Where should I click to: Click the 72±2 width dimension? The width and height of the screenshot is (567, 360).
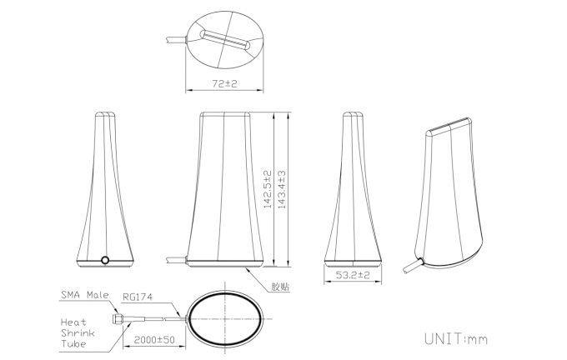click(224, 84)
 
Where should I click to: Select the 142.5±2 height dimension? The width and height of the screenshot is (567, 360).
click(267, 189)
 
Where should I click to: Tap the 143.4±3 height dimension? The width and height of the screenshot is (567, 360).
click(281, 189)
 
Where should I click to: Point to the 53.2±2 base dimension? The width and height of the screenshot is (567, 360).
click(353, 275)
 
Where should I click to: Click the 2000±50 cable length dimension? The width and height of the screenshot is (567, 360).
click(154, 340)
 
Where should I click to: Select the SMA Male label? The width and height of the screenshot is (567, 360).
click(84, 295)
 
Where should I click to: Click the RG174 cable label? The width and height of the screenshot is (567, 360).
click(138, 297)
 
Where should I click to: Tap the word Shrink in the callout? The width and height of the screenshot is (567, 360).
click(78, 332)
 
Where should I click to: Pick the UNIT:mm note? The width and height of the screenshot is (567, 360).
click(456, 339)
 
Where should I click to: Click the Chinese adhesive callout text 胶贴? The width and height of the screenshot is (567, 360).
click(281, 287)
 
